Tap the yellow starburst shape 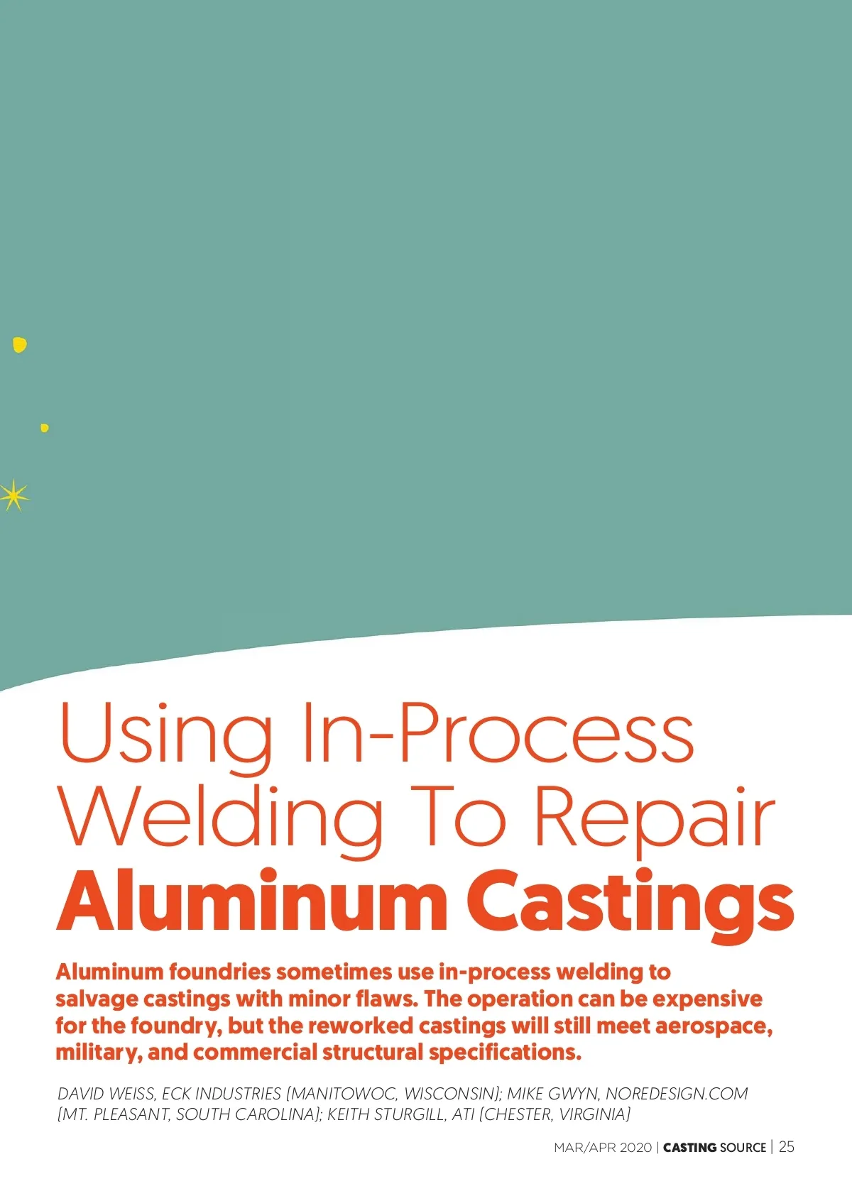click(x=14, y=495)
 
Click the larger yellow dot click(x=20, y=345)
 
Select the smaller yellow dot click(x=45, y=428)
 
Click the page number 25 click(x=787, y=1147)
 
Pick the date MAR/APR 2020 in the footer click(x=603, y=1148)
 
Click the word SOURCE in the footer click(x=743, y=1148)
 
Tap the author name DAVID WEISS click(x=106, y=1094)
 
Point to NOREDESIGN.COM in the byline click(x=677, y=1094)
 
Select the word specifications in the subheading click(x=506, y=1053)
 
